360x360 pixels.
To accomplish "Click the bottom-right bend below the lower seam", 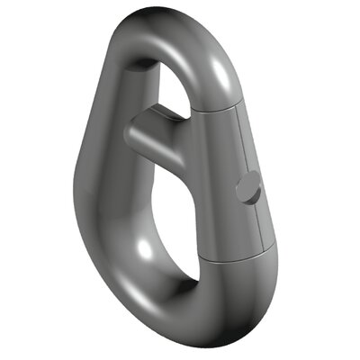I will [256, 288].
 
